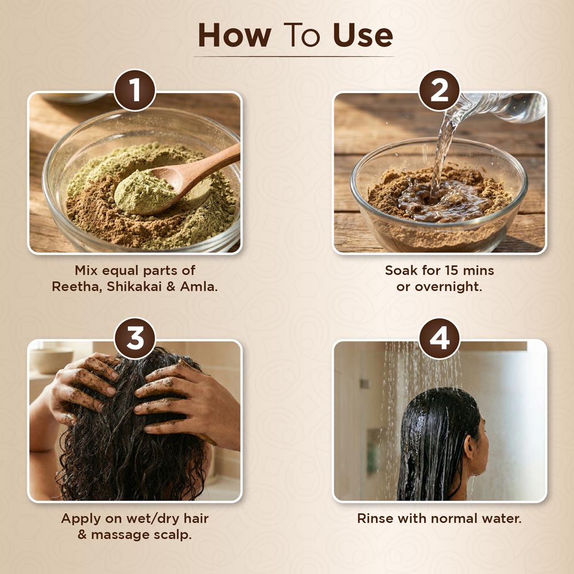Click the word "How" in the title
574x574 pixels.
pyautogui.click(x=234, y=35)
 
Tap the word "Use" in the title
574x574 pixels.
pyautogui.click(x=363, y=35)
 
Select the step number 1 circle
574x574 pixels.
pyautogui.click(x=135, y=90)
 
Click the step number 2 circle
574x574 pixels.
pyautogui.click(x=439, y=90)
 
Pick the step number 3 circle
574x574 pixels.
pyautogui.click(x=135, y=338)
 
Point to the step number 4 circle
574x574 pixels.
pyautogui.click(x=439, y=338)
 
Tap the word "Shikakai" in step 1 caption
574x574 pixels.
pyautogui.click(x=134, y=286)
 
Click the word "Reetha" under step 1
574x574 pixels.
pyautogui.click(x=76, y=286)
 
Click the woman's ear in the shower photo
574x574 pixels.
pyautogui.click(x=471, y=444)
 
